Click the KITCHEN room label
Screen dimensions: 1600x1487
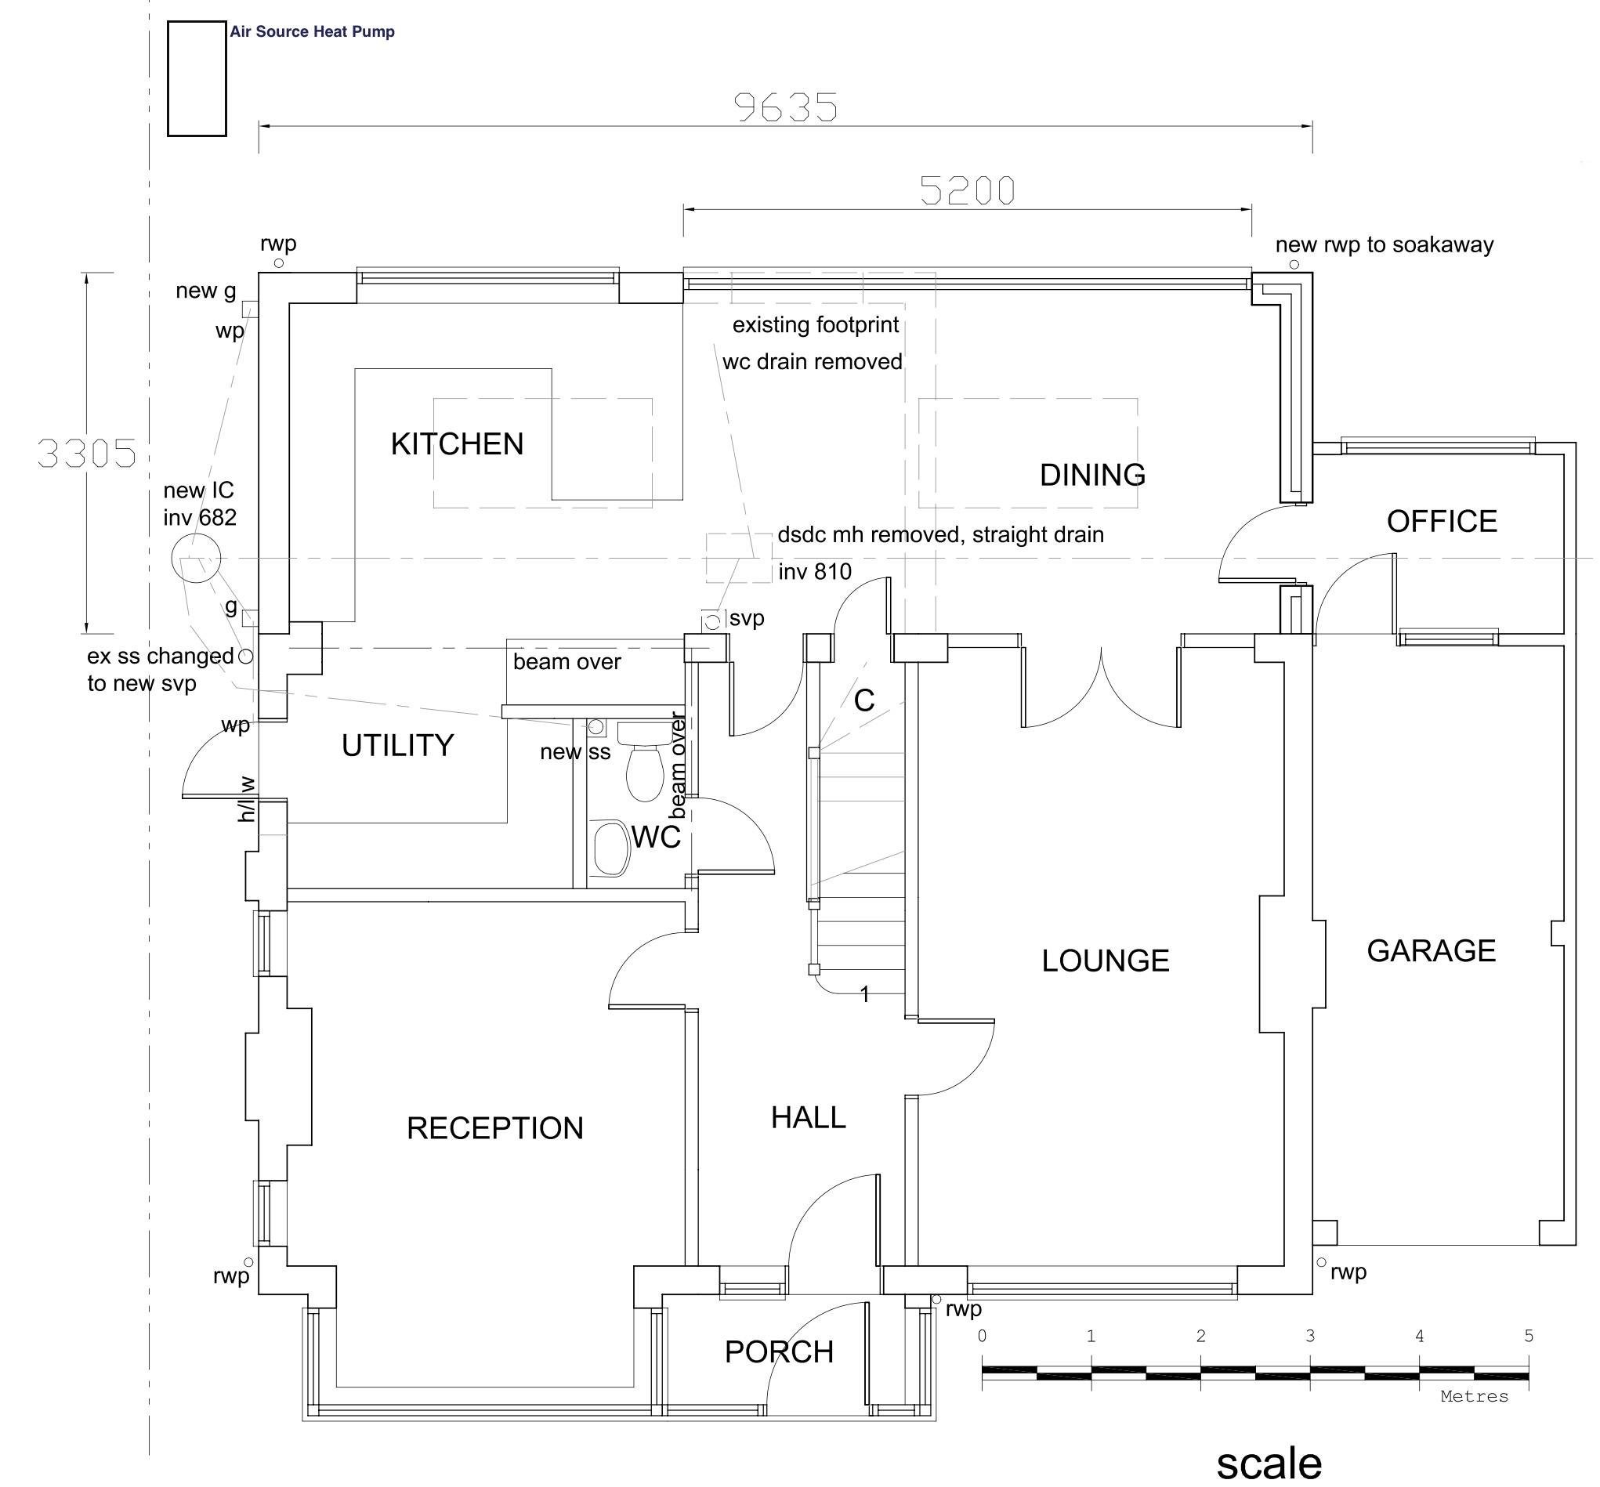[456, 444]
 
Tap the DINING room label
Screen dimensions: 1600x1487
[1092, 476]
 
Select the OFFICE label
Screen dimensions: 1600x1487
[1442, 522]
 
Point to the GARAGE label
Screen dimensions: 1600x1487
[1431, 951]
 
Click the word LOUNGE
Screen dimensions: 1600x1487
[1105, 961]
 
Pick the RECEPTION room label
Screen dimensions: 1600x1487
[495, 1128]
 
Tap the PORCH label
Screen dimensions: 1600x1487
[778, 1351]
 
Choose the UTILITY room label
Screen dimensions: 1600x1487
[397, 746]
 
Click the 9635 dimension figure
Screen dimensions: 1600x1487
[786, 108]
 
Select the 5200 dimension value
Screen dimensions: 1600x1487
[968, 191]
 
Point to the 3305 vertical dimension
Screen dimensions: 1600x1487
[87, 454]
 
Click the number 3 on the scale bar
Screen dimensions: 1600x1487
[1310, 1336]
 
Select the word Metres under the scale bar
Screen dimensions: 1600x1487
[1475, 1397]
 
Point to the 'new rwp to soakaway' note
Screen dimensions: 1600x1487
[1385, 244]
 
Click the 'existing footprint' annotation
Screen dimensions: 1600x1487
[816, 325]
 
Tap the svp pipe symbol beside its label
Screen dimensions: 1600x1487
[712, 622]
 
